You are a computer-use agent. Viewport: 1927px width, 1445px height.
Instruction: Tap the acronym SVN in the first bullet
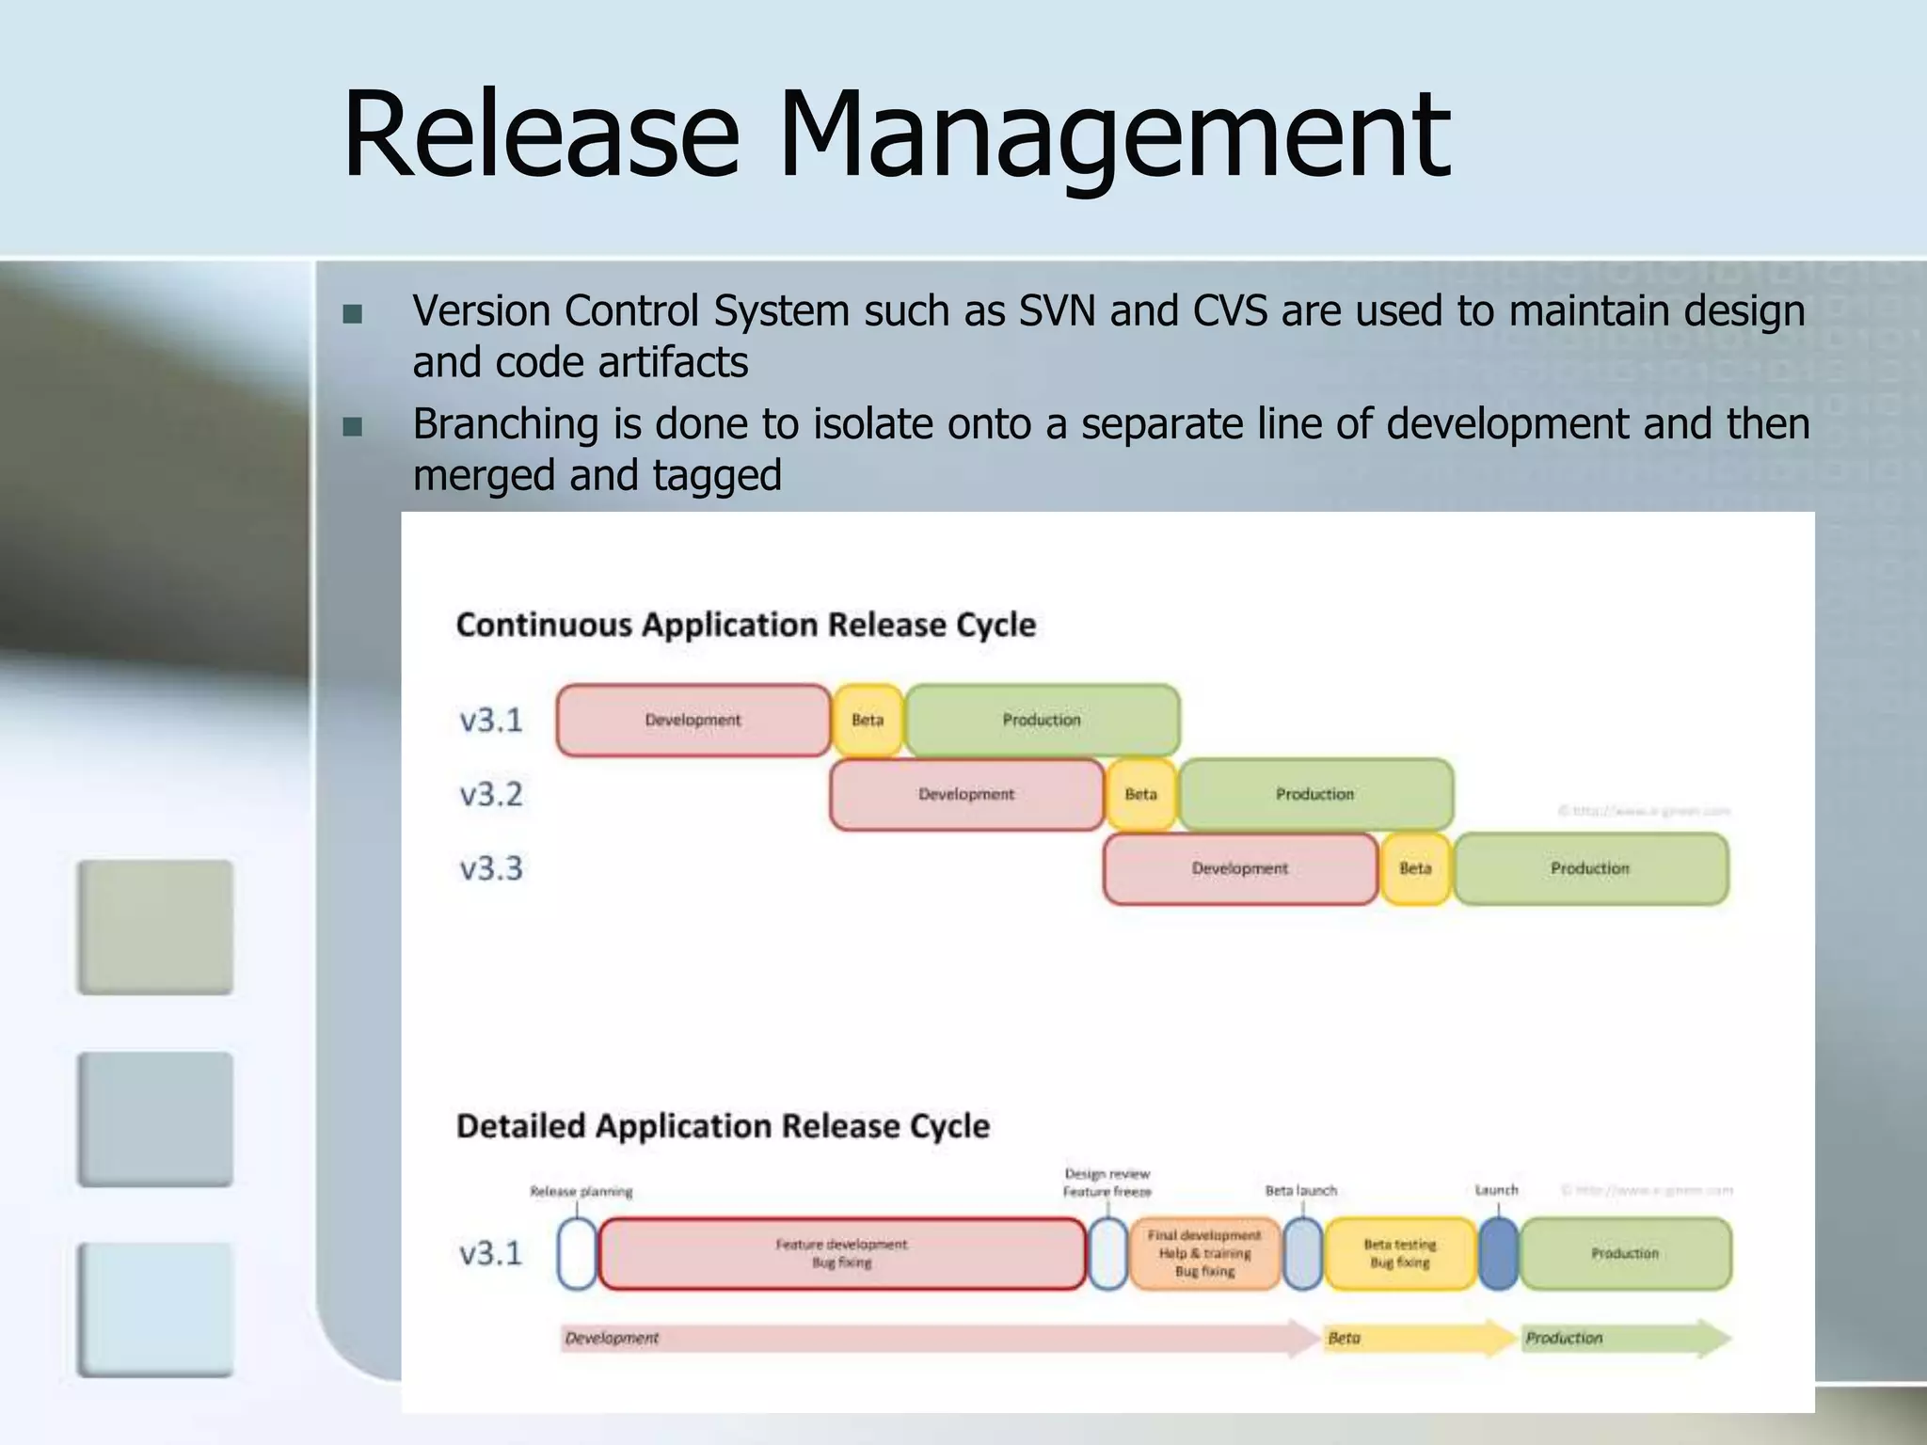[1058, 310]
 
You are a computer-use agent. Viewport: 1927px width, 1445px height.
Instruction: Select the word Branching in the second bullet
[505, 424]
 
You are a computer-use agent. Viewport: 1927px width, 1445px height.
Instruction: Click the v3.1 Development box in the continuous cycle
[693, 721]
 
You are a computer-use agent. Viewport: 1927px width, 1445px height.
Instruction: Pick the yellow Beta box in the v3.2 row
[1140, 795]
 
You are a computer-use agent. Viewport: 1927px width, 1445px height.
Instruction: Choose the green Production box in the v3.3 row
[1590, 869]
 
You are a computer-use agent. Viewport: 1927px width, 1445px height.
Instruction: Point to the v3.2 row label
[490, 795]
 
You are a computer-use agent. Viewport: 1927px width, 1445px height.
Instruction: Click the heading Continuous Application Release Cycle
[745, 626]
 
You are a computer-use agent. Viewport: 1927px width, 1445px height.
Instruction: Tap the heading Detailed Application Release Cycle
[723, 1126]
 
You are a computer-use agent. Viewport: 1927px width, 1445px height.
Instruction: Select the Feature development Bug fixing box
[841, 1254]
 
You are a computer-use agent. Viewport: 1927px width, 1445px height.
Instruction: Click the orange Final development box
[1204, 1254]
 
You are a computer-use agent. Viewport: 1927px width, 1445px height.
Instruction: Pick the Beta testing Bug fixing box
[1399, 1254]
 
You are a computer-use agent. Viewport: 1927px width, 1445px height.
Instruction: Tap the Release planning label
[581, 1192]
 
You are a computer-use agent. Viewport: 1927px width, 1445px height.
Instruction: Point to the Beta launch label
[1300, 1191]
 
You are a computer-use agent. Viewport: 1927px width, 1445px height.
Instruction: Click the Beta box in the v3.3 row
[1414, 869]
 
